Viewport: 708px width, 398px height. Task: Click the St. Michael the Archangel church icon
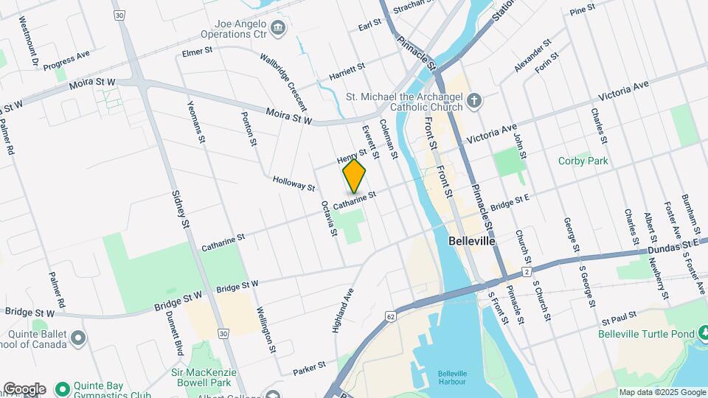tap(475, 99)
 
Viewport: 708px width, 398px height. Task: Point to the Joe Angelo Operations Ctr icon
tap(278, 29)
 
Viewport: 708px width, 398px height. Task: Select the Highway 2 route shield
tap(527, 273)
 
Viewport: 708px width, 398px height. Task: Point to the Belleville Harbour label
tap(452, 377)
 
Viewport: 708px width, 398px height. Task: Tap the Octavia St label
tap(329, 219)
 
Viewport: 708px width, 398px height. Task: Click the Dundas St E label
tap(674, 248)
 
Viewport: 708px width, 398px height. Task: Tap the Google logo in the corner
tap(24, 389)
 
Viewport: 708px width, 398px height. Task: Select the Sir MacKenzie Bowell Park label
tap(204, 378)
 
